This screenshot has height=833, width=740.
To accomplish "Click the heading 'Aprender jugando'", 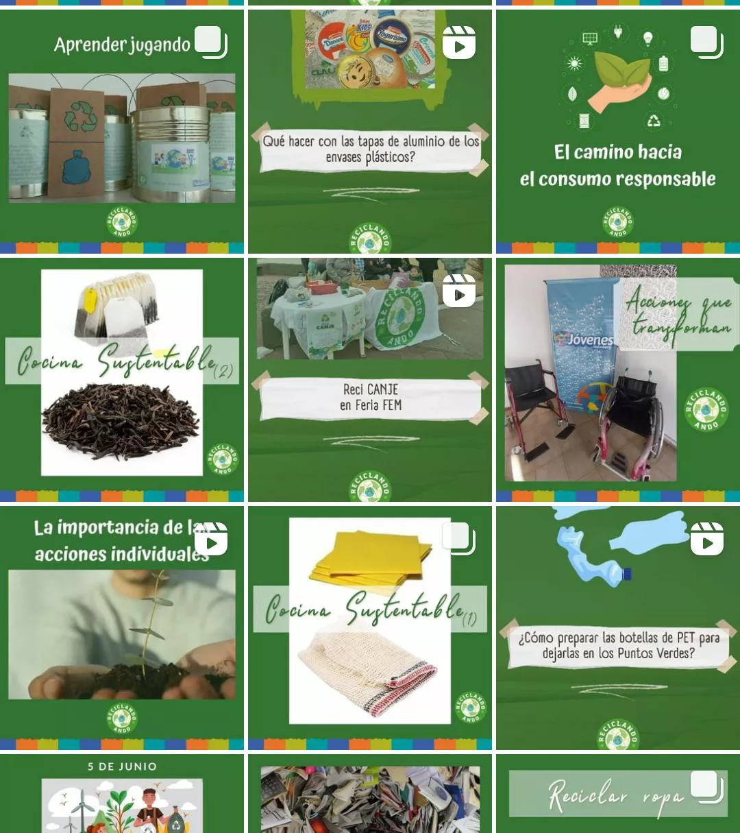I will (122, 45).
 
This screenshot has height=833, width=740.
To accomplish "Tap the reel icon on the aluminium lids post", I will (459, 43).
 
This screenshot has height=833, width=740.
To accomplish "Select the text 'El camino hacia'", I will (617, 152).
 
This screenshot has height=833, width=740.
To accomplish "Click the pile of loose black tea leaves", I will (121, 420).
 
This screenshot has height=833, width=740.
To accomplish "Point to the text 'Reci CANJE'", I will (371, 389).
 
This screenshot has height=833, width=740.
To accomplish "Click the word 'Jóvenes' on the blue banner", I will (589, 340).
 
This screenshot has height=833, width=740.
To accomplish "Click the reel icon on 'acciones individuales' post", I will (211, 540).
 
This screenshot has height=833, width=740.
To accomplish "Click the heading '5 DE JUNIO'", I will (122, 766).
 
